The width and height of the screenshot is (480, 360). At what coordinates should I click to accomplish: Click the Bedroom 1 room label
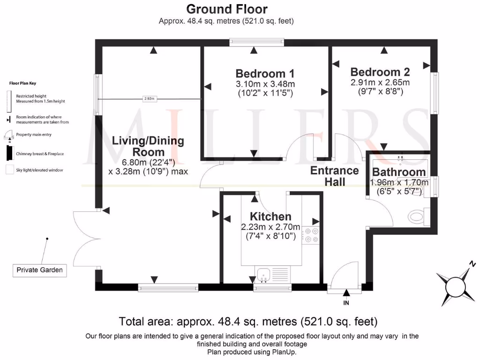[x=265, y=74]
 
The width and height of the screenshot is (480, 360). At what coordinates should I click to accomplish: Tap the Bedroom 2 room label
[x=380, y=72]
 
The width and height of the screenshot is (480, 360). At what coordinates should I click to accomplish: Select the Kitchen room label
[x=270, y=217]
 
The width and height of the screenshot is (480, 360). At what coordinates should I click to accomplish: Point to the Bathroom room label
[x=399, y=172]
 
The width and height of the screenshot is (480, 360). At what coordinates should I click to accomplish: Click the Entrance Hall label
[x=334, y=176]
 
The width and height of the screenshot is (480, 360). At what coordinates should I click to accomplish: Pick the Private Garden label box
[x=39, y=270]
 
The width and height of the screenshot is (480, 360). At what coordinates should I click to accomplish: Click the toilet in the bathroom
[x=416, y=217]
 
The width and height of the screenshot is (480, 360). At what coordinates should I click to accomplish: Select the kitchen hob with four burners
[x=310, y=235]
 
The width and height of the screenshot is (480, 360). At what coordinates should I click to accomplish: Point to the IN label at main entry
[x=347, y=302]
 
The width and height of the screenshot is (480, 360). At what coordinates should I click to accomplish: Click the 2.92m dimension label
[x=150, y=99]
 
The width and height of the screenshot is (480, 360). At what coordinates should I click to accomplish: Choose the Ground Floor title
[x=227, y=9]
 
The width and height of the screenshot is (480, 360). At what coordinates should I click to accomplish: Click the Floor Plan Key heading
[x=23, y=83]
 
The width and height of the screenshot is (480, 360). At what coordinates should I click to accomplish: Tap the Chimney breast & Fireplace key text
[x=40, y=154]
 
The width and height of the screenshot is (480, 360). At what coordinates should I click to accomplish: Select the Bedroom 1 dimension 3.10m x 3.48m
[x=265, y=84]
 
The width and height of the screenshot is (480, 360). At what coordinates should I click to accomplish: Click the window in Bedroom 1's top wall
[x=257, y=43]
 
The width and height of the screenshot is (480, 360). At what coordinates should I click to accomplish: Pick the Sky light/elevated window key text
[x=39, y=170]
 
